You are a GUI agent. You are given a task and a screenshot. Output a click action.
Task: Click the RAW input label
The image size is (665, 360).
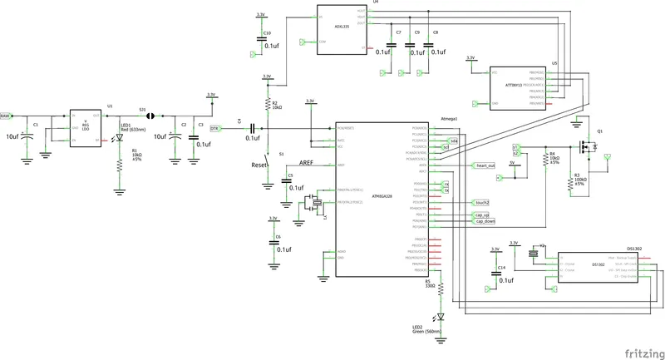(6, 115)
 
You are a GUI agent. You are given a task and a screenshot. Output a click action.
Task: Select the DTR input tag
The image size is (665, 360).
(214, 129)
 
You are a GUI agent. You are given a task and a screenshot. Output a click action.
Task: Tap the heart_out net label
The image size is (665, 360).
(485, 166)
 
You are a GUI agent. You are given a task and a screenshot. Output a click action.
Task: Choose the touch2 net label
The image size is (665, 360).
(481, 202)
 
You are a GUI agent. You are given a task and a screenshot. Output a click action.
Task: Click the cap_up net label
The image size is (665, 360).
(483, 215)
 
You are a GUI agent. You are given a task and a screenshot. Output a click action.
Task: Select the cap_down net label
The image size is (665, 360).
(485, 222)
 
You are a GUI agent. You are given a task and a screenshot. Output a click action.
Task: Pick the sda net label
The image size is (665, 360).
(454, 141)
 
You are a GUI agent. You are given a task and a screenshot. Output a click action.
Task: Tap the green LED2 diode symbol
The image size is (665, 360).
(441, 315)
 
